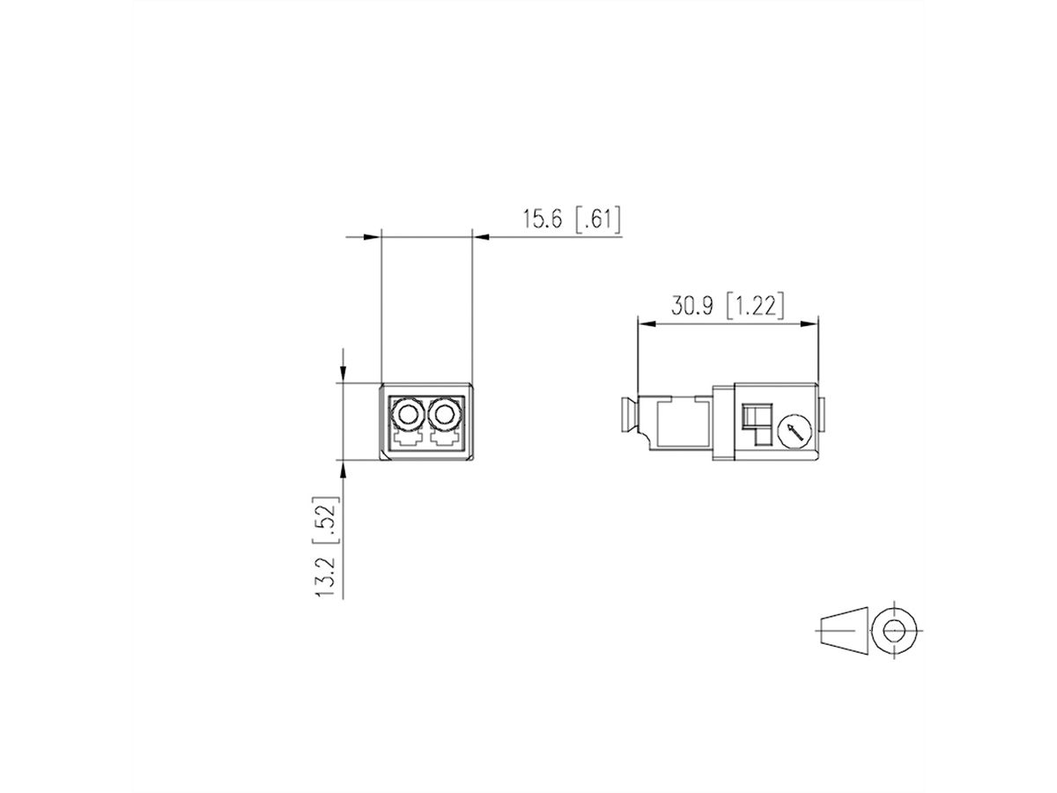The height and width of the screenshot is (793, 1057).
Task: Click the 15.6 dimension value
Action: pyautogui.click(x=543, y=219)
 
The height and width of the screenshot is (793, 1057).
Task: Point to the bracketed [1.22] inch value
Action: pyautogui.click(x=755, y=306)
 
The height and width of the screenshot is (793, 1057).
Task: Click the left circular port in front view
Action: pyautogui.click(x=409, y=412)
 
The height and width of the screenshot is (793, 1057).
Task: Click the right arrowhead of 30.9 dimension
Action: pyautogui.click(x=809, y=324)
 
